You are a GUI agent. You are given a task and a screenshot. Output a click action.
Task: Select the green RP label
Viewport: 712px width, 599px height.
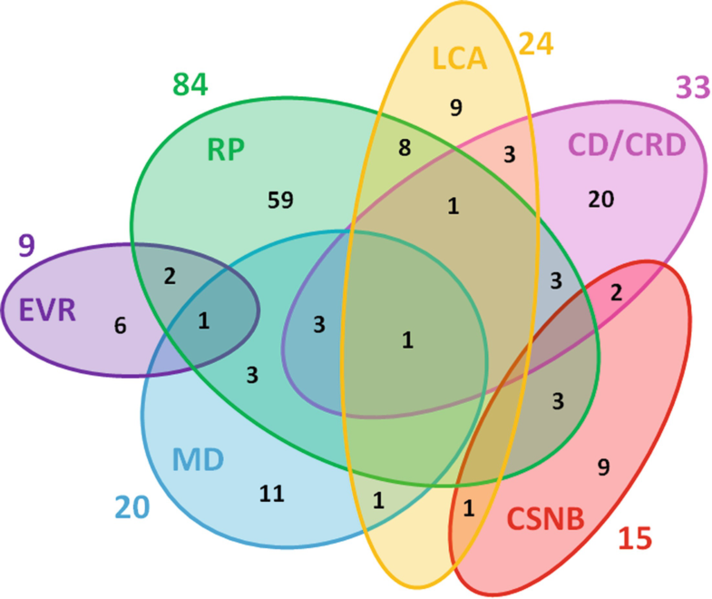(223, 149)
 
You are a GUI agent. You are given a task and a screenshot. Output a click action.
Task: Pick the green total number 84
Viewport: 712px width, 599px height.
(190, 86)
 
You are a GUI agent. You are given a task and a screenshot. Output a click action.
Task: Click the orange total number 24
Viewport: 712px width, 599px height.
(534, 43)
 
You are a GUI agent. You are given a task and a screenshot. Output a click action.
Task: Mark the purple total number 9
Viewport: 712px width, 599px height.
(25, 246)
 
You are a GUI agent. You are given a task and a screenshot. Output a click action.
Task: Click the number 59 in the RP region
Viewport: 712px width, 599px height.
(280, 200)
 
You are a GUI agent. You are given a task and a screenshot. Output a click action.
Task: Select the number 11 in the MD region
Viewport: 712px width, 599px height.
(272, 494)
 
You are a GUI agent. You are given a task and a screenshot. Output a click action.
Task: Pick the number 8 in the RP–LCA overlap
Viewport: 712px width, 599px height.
(405, 148)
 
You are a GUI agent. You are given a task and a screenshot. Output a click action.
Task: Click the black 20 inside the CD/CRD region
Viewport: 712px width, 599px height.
(600, 200)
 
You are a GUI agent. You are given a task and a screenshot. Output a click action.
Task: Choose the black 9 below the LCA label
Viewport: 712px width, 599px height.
(456, 107)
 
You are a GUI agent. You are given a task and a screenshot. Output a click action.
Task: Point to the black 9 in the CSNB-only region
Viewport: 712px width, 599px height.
(603, 467)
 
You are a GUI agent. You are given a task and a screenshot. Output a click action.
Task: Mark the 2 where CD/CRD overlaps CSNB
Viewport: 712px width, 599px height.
(616, 291)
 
